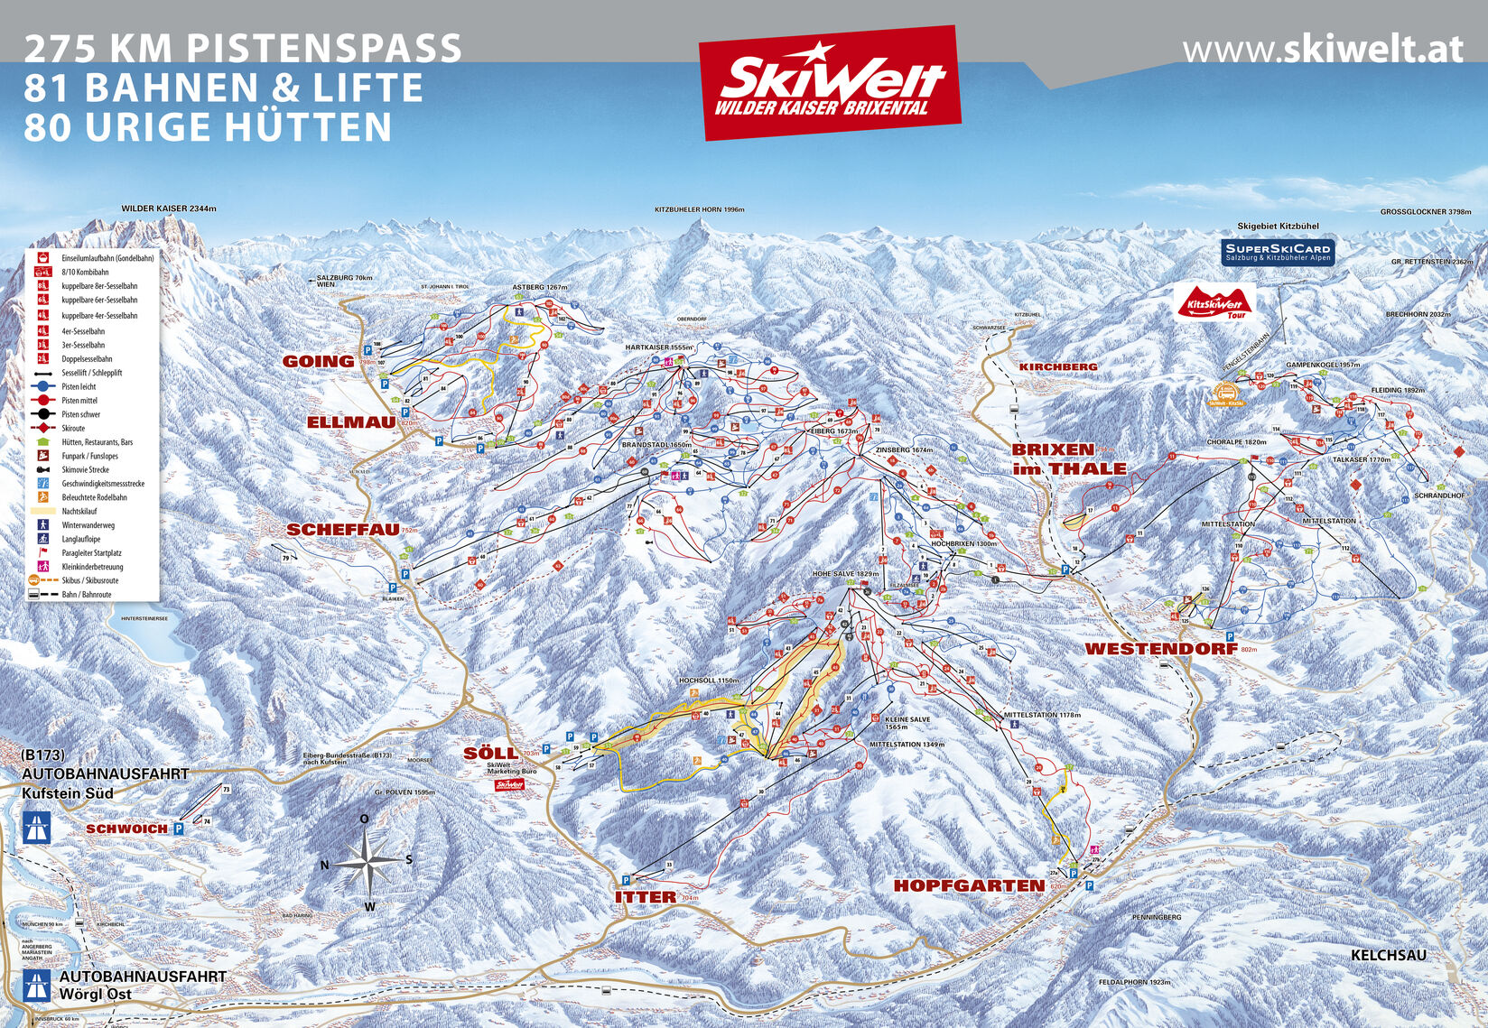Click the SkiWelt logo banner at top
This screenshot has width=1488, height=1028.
829,83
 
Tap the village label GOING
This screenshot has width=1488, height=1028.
319,361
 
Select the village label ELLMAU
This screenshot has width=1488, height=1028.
351,422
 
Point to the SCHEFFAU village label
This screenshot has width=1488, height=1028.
342,530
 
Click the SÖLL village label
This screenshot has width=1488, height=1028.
489,753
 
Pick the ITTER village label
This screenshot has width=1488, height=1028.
645,897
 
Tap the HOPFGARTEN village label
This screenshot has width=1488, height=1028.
969,885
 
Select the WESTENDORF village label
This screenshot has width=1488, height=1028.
1159,649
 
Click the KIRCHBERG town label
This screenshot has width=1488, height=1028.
1058,366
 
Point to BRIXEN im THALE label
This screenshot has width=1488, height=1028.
1068,458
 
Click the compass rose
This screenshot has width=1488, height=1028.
367,861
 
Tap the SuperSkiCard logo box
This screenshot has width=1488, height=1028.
1277,252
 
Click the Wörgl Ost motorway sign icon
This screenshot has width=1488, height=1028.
37,985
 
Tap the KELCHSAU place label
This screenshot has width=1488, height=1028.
1388,955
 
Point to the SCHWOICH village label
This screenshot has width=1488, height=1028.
126,829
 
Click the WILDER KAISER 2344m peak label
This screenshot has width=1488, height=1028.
169,208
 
